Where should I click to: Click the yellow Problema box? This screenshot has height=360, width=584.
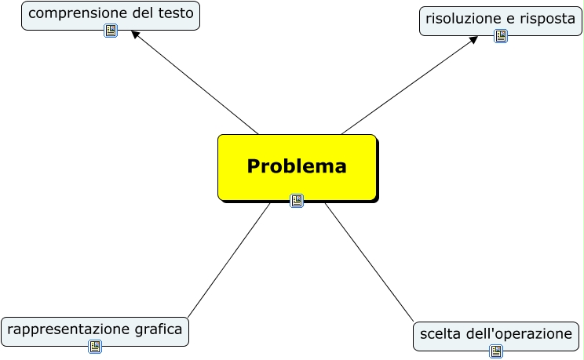[297, 166]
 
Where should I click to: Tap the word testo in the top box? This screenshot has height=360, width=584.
[173, 13]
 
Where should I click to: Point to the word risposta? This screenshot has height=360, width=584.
[547, 18]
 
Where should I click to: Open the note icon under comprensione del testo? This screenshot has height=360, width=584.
[111, 31]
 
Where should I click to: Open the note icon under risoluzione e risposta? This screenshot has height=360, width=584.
[501, 36]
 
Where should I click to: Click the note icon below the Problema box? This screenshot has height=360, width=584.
[297, 200]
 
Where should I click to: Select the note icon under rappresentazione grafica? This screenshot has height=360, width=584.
[95, 347]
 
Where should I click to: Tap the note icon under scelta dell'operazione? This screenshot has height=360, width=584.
[496, 351]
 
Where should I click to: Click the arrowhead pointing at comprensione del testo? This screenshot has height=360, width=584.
[135, 35]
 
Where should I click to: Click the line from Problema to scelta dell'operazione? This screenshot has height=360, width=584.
[369, 263]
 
